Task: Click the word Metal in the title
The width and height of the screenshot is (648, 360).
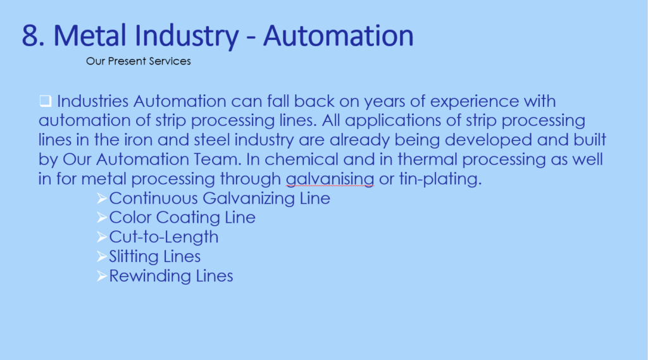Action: tap(90, 35)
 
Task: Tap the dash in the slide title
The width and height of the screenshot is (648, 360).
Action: tap(251, 37)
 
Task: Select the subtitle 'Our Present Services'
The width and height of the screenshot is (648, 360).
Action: tap(139, 61)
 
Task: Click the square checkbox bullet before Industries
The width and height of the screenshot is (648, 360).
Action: tap(46, 101)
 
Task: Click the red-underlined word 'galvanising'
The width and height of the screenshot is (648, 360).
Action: tap(330, 180)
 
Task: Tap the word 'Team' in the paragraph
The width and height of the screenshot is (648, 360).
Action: tap(218, 159)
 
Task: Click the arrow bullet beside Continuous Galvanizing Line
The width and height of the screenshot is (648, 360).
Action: tap(102, 199)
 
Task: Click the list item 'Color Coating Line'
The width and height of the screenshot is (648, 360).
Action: tap(182, 218)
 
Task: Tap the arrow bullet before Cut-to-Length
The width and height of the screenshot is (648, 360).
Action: tap(102, 237)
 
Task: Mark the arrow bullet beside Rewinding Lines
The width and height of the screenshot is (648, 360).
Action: tap(102, 276)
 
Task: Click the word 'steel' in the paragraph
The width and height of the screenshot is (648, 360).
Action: tap(211, 140)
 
